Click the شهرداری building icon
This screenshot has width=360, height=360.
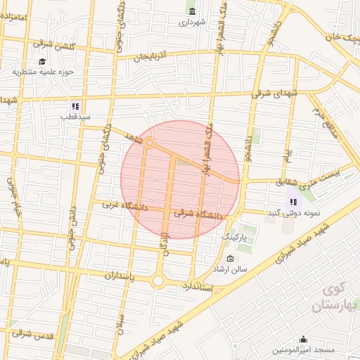192,10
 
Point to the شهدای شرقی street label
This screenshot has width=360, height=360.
275,94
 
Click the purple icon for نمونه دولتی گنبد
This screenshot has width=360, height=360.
292,202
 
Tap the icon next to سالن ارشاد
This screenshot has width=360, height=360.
230,259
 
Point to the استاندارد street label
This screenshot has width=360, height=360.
201,287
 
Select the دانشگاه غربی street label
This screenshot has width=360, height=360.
125,207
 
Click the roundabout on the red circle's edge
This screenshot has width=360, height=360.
150,143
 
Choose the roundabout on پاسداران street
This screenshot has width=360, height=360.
157,281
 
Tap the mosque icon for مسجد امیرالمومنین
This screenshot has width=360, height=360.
303,340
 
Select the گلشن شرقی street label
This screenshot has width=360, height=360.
53,44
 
